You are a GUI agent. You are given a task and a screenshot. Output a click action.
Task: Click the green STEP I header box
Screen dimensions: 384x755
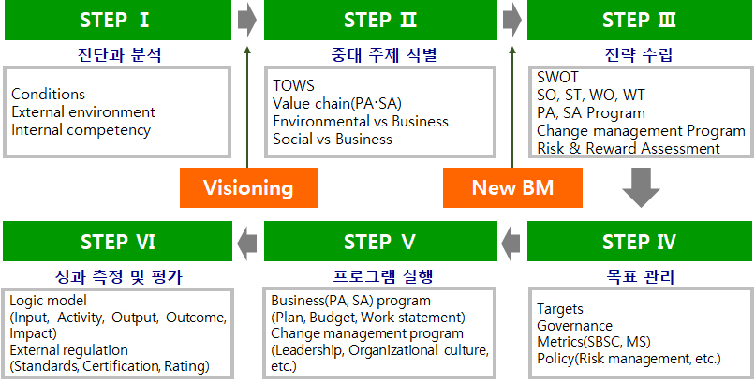click(x=117, y=20)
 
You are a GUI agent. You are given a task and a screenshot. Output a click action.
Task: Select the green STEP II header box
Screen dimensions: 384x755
click(x=379, y=20)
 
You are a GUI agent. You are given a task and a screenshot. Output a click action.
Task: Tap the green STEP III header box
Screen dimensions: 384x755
click(x=640, y=20)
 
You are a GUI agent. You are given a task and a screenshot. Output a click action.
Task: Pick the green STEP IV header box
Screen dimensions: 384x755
click(x=640, y=242)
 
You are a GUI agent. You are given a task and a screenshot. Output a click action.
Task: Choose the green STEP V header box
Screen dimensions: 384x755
click(x=379, y=242)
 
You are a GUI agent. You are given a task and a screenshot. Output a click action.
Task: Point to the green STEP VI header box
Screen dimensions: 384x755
click(x=117, y=242)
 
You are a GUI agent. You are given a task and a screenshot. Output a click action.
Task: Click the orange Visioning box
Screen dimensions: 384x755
click(x=248, y=187)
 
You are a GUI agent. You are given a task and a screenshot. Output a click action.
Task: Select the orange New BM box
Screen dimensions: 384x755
click(x=512, y=187)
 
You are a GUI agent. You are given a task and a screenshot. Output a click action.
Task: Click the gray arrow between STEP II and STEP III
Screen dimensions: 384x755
click(x=512, y=20)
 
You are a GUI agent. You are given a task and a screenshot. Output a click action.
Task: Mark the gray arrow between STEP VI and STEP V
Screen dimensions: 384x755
click(x=247, y=242)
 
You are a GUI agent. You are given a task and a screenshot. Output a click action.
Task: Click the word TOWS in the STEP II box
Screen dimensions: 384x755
click(x=294, y=85)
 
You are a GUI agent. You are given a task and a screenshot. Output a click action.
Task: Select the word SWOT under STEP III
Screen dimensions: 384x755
click(x=558, y=78)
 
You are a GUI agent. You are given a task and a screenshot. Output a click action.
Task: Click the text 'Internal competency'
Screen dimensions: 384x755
click(x=81, y=130)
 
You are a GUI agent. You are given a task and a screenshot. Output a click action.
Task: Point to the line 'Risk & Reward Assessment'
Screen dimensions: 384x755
click(x=629, y=148)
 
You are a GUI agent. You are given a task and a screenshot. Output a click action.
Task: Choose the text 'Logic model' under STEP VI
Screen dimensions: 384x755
click(x=48, y=301)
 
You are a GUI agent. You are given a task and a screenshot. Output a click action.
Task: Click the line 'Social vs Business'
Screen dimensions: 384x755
click(x=333, y=139)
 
